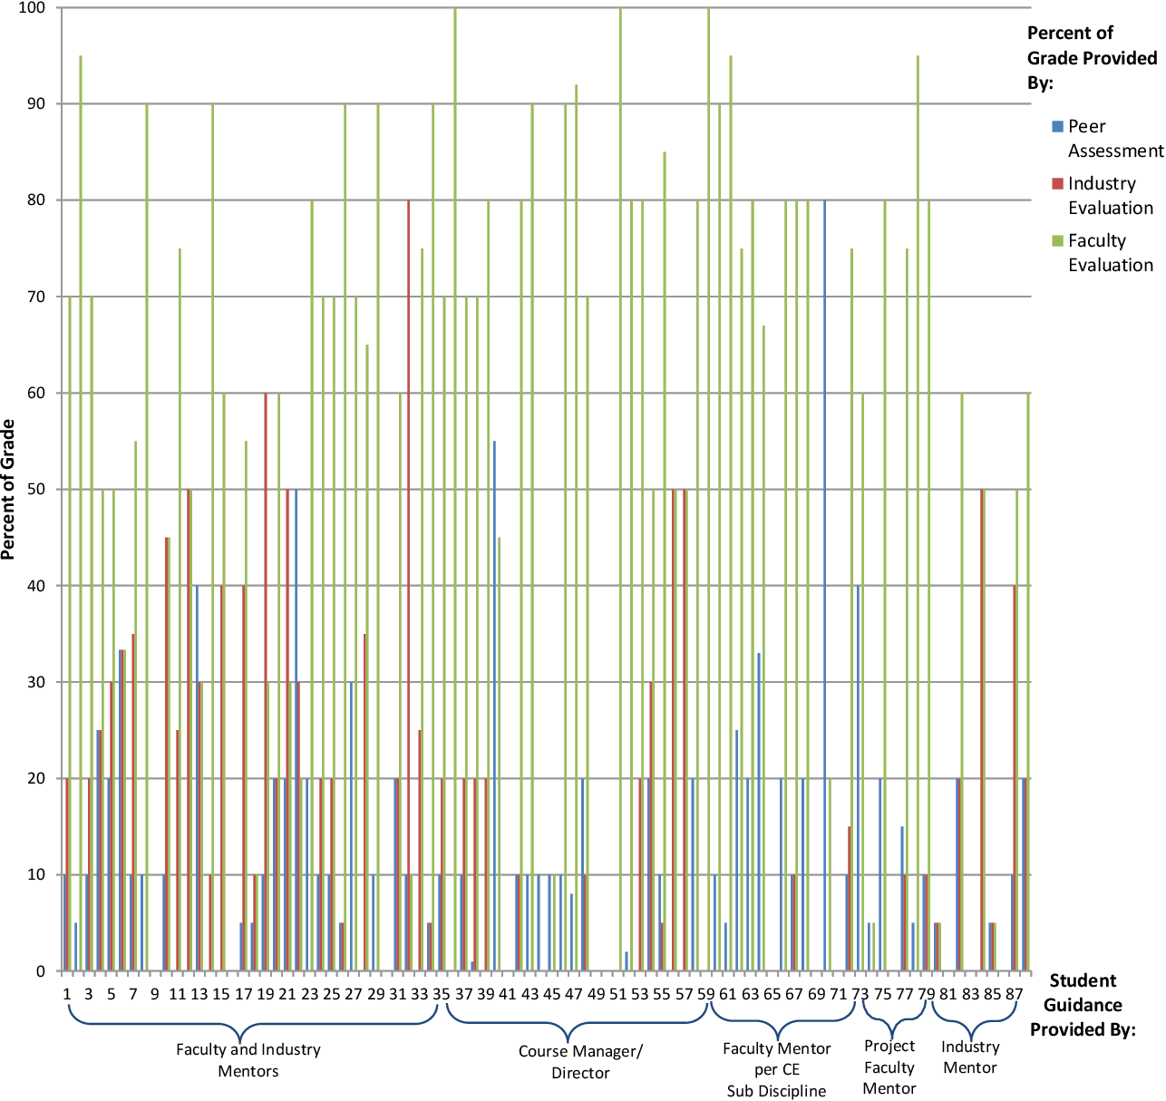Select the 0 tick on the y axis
click(x=40, y=971)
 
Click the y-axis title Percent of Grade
click(x=9, y=490)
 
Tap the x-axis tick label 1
click(x=67, y=994)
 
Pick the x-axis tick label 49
click(x=596, y=994)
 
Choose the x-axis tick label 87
click(x=1014, y=994)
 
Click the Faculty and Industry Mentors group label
click(x=248, y=1060)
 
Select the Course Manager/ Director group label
click(x=580, y=1062)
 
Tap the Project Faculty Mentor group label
click(x=889, y=1067)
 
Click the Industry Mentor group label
click(x=970, y=1057)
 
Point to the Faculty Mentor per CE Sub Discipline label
click(x=777, y=1069)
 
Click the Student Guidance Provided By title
click(x=1083, y=1005)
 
